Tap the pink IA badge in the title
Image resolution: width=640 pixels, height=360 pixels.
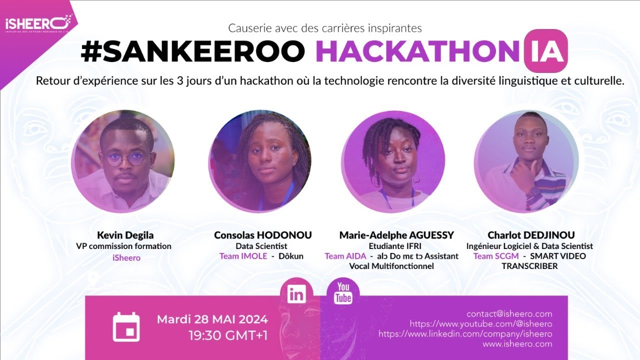545,51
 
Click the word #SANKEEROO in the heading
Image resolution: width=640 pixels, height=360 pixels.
192,52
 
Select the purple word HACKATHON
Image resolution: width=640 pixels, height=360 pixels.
417,52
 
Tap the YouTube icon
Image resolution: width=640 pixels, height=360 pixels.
343,293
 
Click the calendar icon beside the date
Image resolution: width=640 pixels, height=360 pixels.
126,326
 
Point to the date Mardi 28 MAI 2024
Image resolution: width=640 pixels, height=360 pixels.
212,319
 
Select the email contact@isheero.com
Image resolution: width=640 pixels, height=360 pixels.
509,314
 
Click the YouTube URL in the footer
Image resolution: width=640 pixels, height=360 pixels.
480,324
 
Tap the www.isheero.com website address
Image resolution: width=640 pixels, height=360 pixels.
517,344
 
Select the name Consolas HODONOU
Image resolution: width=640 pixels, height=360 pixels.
263,235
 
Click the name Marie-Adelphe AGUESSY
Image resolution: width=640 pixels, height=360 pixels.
396,235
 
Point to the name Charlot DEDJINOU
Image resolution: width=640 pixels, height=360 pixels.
531,235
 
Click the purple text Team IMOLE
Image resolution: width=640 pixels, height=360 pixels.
243,256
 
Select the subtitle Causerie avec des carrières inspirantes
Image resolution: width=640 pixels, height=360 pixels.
325,28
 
